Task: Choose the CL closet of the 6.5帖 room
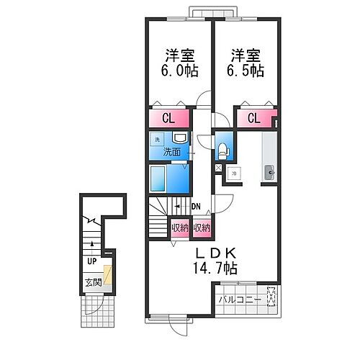(254, 118)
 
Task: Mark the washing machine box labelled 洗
(158, 138)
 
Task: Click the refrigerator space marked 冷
(233, 173)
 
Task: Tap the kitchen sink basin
(269, 171)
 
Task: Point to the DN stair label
(196, 207)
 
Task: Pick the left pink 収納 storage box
(180, 228)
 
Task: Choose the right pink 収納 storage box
(202, 228)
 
